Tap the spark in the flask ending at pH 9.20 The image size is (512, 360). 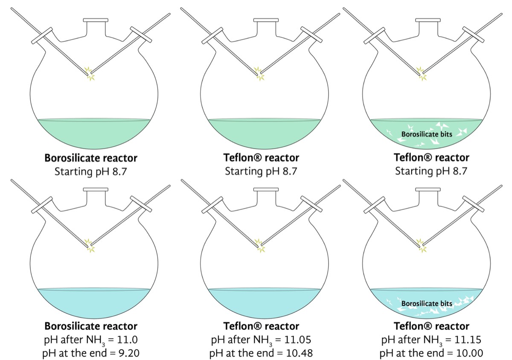click(x=90, y=247)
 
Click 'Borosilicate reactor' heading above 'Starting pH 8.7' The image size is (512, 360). click(x=91, y=158)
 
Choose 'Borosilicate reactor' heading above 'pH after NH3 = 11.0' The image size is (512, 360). click(x=91, y=326)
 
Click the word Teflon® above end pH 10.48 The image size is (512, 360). click(x=243, y=326)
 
